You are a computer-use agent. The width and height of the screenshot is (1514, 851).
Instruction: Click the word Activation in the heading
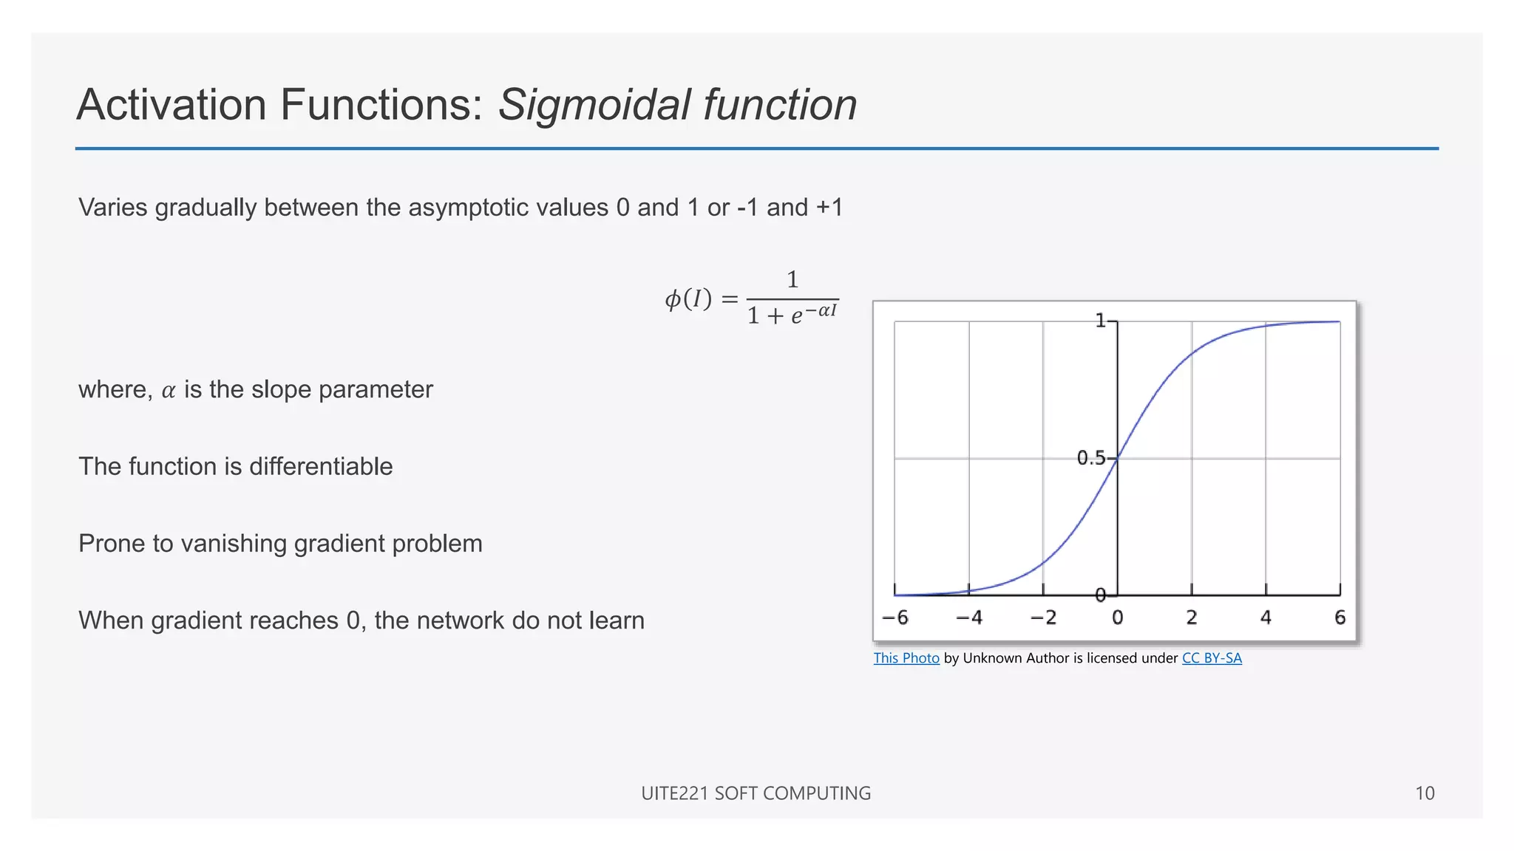coord(171,104)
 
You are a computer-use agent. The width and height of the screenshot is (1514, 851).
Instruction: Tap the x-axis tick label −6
coord(895,618)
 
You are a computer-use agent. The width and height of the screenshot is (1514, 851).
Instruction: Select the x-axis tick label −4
coord(969,618)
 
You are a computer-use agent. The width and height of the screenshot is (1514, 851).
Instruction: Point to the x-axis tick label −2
coord(1043,618)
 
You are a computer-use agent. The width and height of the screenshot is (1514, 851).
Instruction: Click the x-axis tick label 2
coord(1192,618)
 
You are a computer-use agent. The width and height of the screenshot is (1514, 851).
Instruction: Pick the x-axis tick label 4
coord(1266,618)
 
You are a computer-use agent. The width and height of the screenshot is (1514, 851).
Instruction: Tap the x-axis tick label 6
coord(1340,618)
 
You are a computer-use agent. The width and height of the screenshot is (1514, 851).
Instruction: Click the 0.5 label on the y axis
coord(1091,459)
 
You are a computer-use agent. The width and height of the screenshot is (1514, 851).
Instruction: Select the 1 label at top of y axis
coord(1100,321)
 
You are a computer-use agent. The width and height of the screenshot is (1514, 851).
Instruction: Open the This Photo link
coord(906,658)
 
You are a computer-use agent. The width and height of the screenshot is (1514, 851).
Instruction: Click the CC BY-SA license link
coord(1212,658)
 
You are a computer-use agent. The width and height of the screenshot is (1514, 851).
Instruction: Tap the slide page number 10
coord(1425,793)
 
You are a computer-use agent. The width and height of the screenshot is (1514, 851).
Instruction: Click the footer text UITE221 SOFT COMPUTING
coord(756,793)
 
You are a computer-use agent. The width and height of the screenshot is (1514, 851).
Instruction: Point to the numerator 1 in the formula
coord(792,280)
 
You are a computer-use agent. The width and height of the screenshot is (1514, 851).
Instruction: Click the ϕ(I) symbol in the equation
coord(688,299)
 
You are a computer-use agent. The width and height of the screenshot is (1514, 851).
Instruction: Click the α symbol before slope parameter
coord(169,391)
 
